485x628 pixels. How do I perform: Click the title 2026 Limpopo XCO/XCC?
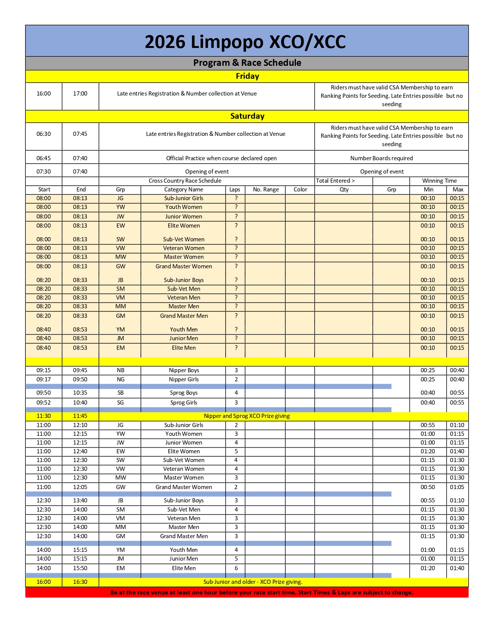point(245,42)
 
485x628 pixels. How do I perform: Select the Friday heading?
point(247,76)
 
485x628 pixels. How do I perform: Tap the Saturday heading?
point(247,116)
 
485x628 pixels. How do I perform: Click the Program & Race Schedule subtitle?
point(247,63)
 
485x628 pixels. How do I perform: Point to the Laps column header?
point(235,190)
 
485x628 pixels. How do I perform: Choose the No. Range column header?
point(266,190)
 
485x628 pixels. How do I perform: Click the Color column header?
point(300,190)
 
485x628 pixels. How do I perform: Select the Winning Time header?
point(439,181)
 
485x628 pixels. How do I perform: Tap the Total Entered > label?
point(335,181)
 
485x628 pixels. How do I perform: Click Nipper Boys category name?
point(184,370)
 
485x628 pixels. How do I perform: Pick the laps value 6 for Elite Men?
point(236,568)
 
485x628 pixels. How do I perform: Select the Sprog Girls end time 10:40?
point(80,403)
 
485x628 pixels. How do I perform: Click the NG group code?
point(121,379)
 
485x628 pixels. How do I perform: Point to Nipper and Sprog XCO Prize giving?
point(246,416)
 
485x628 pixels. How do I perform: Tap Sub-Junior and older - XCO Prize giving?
point(253,582)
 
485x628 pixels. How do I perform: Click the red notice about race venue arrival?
point(262,593)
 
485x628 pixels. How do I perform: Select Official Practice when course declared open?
point(221,158)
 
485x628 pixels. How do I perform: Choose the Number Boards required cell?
point(382,158)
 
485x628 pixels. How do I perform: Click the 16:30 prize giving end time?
point(80,582)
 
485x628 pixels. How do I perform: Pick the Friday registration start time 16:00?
point(44,94)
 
